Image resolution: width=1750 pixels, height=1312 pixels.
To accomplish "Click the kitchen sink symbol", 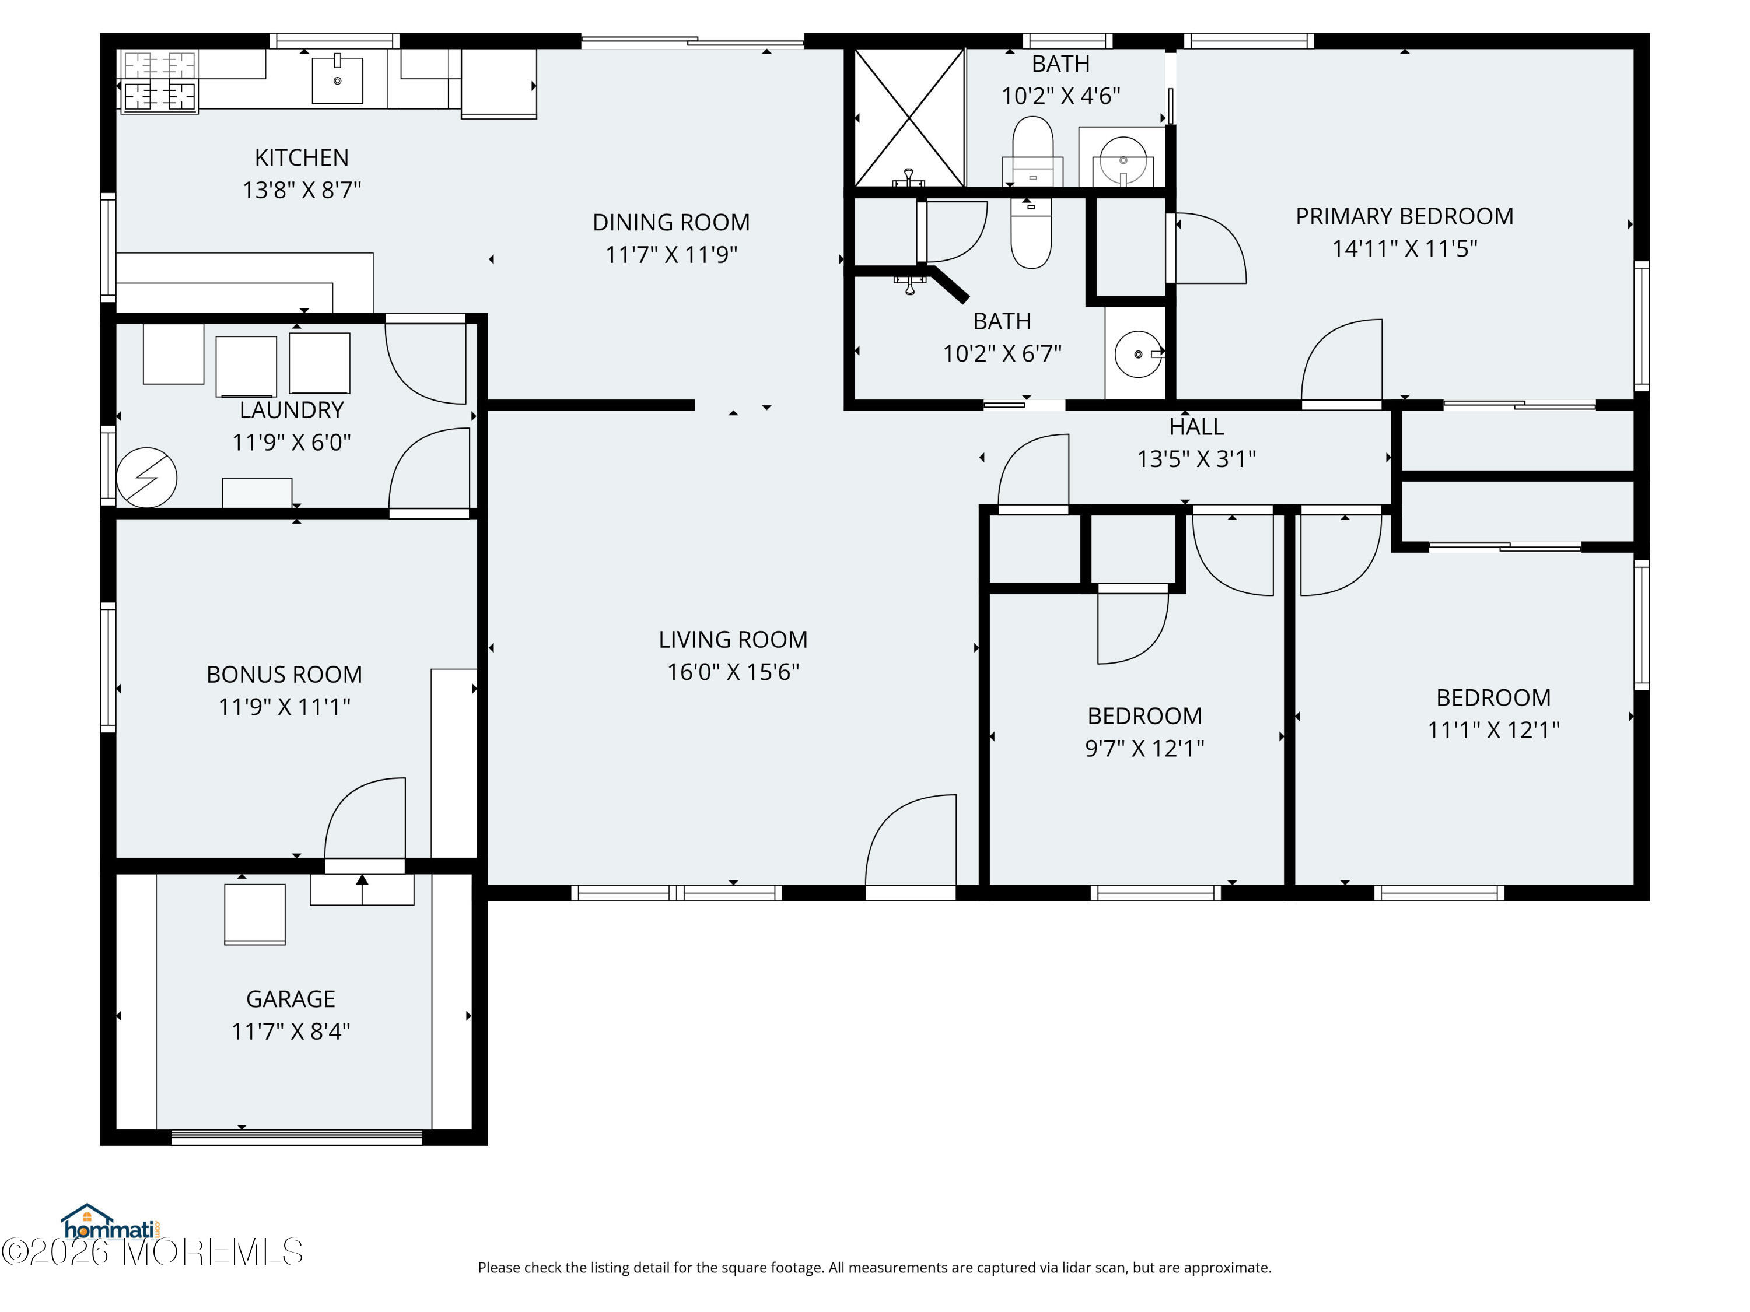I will (337, 80).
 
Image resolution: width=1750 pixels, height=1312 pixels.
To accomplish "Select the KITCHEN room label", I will (302, 157).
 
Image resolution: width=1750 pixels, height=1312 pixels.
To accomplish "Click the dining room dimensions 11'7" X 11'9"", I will (671, 255).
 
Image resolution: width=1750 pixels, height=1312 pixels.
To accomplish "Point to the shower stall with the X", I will (910, 118).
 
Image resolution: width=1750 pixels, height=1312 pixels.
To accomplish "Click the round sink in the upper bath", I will (1123, 160).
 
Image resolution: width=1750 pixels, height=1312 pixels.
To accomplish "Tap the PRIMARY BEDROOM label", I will (1403, 216).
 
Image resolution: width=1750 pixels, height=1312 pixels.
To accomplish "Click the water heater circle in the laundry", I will (146, 478).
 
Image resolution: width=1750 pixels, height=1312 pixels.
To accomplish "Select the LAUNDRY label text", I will (291, 410).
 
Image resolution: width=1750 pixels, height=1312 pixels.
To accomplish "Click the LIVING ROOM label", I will (733, 639).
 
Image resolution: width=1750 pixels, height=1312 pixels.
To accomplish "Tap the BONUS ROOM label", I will (284, 674).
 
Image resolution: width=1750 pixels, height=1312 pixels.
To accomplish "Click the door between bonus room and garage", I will (365, 822).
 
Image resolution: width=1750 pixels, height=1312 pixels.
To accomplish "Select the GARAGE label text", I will (290, 999).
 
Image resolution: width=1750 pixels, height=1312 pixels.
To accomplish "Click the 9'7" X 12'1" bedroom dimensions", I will (1144, 748).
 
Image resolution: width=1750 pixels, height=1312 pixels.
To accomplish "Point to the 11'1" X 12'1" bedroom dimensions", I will (1493, 730).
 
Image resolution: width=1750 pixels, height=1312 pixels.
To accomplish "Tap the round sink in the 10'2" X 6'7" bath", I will (1137, 353).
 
